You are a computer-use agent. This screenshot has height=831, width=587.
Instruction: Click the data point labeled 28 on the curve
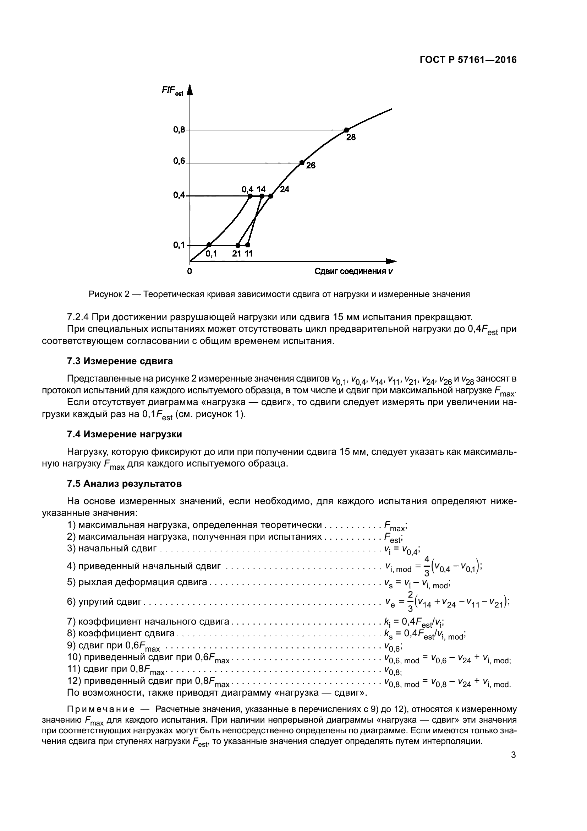(x=346, y=130)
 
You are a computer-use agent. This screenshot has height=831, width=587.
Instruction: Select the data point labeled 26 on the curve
(x=302, y=163)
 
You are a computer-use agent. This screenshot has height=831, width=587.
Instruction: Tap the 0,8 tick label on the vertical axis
(x=179, y=130)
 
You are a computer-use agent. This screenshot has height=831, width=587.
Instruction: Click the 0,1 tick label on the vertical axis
(x=179, y=245)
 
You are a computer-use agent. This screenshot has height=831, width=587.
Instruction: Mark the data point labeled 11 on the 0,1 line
(x=248, y=245)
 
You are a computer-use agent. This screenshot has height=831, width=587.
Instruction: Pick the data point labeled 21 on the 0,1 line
(x=238, y=245)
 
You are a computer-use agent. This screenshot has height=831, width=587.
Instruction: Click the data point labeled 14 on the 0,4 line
(x=261, y=196)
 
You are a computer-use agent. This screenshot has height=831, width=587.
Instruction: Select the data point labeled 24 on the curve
(x=271, y=196)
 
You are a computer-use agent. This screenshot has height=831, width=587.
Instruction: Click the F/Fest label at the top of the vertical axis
(x=172, y=91)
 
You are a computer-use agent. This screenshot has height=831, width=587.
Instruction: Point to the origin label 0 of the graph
(x=190, y=271)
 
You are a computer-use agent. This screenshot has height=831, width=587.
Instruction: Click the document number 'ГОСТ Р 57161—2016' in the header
(x=468, y=60)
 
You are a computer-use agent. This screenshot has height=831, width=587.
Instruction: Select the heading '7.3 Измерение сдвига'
(x=120, y=361)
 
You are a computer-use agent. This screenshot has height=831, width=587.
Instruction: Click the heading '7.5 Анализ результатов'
(x=124, y=484)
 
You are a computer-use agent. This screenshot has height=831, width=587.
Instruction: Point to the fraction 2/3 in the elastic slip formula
(x=410, y=601)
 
